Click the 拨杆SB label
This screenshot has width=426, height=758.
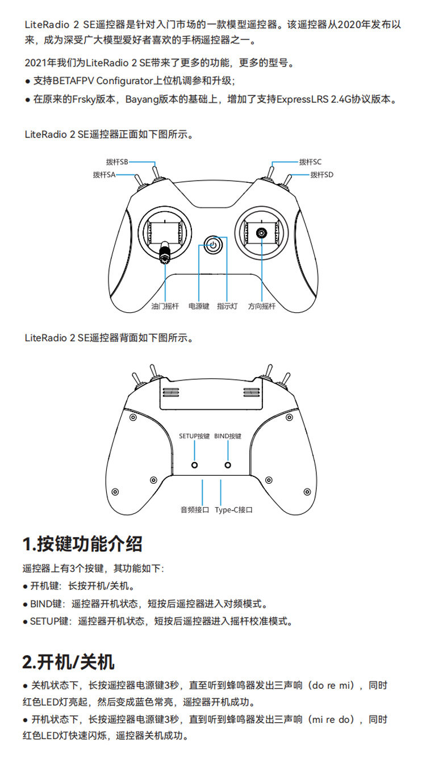[117, 162]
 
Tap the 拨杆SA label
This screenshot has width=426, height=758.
[104, 175]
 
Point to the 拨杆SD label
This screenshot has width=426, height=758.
[322, 175]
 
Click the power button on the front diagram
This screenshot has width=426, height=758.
[212, 245]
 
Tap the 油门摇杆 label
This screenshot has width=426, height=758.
[165, 307]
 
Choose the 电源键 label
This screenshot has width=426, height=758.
[199, 307]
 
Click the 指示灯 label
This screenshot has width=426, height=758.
[227, 307]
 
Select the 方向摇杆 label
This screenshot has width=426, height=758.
[261, 307]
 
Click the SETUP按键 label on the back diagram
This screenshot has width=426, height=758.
[194, 436]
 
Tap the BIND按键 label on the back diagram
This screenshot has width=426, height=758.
[228, 436]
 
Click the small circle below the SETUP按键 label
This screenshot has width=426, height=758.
[194, 465]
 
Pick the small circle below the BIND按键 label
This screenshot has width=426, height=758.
[228, 465]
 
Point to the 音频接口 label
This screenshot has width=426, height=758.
[195, 510]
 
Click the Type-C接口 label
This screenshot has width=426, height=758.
[233, 510]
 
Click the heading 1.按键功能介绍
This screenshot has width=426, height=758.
[82, 544]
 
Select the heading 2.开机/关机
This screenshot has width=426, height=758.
[68, 661]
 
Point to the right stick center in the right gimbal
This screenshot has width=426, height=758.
[262, 232]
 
